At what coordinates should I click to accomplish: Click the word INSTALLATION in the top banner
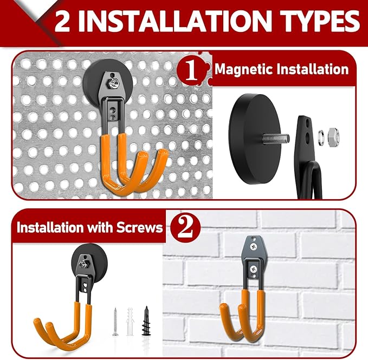pyautogui.click(x=173, y=22)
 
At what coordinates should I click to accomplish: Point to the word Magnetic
pyautogui.click(x=245, y=69)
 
